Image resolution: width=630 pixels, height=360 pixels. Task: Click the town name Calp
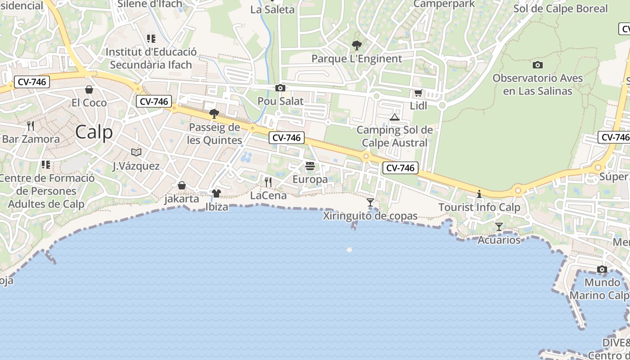pyautogui.click(x=94, y=132)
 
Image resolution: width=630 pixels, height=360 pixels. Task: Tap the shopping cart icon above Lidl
pyautogui.click(x=418, y=93)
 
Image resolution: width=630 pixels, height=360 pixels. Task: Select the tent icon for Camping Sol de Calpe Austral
pyautogui.click(x=395, y=117)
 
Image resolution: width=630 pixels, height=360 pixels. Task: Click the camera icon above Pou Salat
pyautogui.click(x=280, y=88)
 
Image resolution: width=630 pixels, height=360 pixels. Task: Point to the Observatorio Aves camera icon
pyautogui.click(x=537, y=65)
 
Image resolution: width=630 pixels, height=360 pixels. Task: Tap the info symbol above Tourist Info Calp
pyautogui.click(x=479, y=194)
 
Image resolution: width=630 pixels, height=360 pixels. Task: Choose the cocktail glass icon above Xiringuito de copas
pyautogui.click(x=370, y=202)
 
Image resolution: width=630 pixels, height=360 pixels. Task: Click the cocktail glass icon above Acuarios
pyautogui.click(x=499, y=226)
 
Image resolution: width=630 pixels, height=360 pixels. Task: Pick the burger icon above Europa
pyautogui.click(x=310, y=166)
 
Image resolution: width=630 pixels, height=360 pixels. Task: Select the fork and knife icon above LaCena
pyautogui.click(x=268, y=182)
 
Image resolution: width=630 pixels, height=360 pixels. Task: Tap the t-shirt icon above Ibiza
pyautogui.click(x=216, y=193)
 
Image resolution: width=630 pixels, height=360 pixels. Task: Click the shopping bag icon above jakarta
pyautogui.click(x=182, y=185)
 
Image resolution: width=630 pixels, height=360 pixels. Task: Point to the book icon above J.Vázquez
pyautogui.click(x=136, y=152)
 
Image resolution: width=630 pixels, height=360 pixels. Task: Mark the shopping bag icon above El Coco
pyautogui.click(x=89, y=90)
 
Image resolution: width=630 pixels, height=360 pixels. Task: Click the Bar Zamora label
pyautogui.click(x=31, y=139)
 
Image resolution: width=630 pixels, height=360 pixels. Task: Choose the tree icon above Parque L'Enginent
pyautogui.click(x=357, y=45)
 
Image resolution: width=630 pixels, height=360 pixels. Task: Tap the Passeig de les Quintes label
pyautogui.click(x=215, y=134)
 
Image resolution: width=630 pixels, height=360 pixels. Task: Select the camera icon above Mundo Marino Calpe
pyautogui.click(x=602, y=270)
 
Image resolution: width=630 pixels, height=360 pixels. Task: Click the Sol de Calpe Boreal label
pyautogui.click(x=560, y=9)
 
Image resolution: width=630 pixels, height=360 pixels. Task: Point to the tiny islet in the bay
pyautogui.click(x=349, y=249)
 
